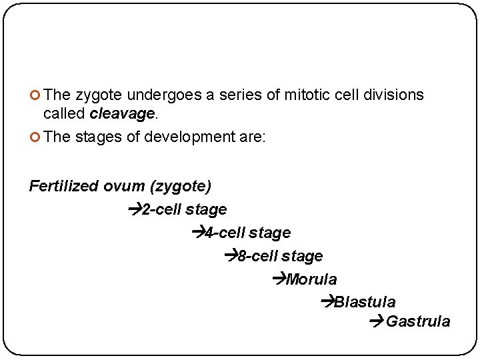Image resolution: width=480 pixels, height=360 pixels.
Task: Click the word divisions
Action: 394,95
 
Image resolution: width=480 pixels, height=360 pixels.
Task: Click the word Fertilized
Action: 64,186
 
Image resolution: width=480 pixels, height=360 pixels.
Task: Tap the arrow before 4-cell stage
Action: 197,233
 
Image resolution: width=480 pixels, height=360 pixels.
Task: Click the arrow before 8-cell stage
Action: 231,256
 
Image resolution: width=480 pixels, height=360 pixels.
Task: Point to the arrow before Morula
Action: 279,279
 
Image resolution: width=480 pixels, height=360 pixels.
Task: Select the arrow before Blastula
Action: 327,302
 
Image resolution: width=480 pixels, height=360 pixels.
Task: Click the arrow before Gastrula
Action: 375,322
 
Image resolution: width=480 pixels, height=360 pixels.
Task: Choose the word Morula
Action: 311,279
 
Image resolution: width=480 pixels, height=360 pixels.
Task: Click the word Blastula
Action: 365,303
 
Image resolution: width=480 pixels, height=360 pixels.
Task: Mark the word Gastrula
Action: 418,322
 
